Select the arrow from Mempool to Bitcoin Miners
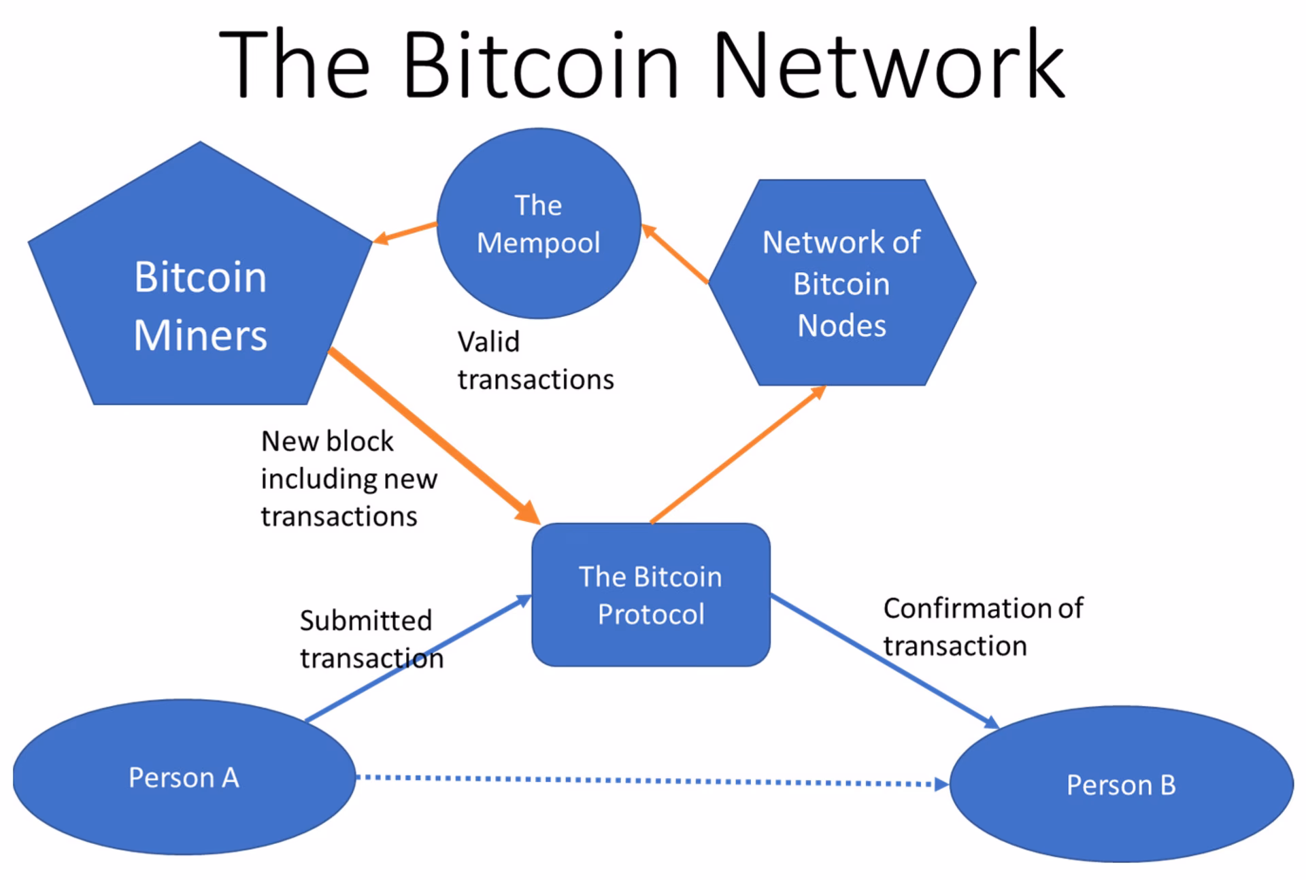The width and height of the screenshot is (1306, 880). point(405,233)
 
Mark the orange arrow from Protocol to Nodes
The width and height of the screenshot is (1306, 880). point(738,455)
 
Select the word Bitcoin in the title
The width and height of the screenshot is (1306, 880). point(541,66)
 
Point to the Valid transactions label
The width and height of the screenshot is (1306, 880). point(535,360)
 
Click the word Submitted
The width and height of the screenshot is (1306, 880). point(366,620)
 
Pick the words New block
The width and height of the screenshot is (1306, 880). point(327,441)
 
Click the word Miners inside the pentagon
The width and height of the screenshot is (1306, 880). point(200,335)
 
